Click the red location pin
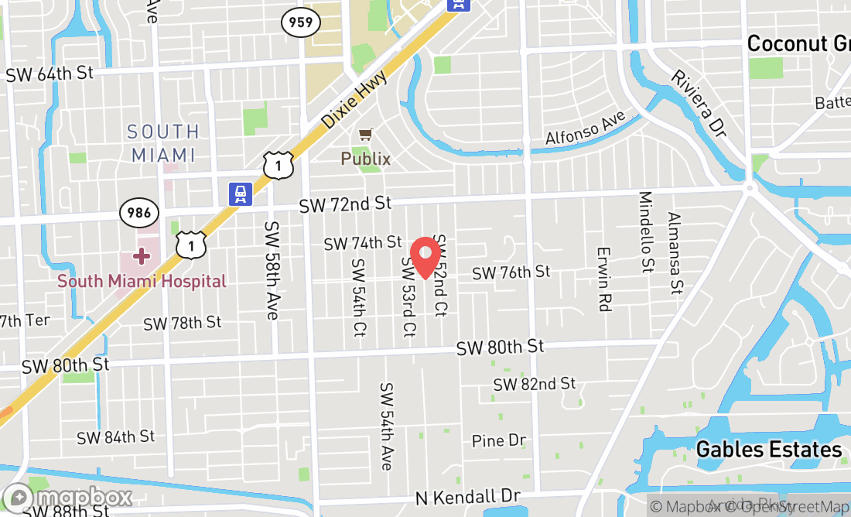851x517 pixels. [425, 257]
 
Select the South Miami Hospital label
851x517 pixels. [142, 281]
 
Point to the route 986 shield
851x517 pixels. [139, 212]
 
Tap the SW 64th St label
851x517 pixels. [50, 74]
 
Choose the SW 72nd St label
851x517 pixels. [346, 204]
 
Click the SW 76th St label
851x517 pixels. [511, 272]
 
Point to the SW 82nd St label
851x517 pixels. [535, 384]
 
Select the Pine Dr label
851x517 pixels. [499, 441]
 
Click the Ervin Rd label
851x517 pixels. [604, 279]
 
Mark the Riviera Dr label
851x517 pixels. [699, 104]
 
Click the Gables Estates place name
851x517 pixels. [768, 450]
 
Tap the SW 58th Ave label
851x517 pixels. [272, 270]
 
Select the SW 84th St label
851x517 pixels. [115, 437]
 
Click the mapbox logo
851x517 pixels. [67, 497]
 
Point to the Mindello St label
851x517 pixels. [646, 232]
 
